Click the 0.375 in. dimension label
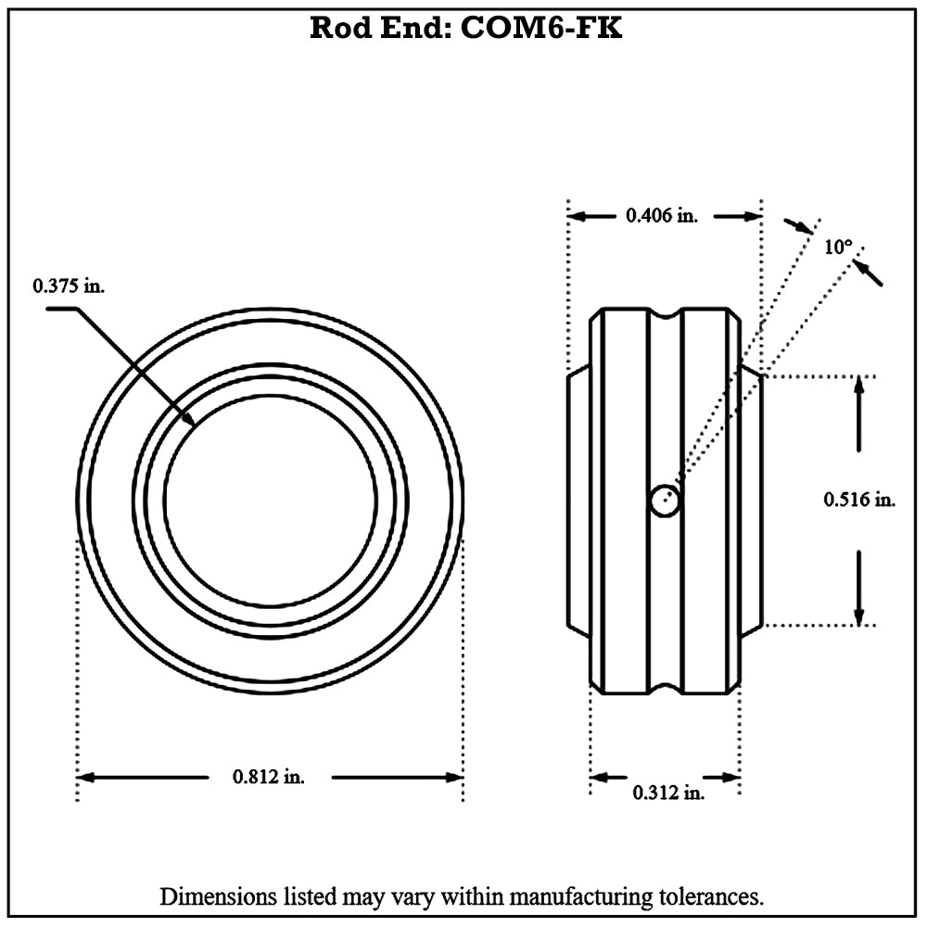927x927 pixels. [x=70, y=286]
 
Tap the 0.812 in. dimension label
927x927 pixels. [x=268, y=777]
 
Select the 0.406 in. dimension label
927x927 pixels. [x=661, y=216]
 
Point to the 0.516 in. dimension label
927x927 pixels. [x=859, y=500]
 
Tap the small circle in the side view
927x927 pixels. [x=665, y=501]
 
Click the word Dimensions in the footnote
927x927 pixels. [x=217, y=897]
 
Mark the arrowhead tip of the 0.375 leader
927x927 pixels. [x=194, y=425]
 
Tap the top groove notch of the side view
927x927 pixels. [x=665, y=314]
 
